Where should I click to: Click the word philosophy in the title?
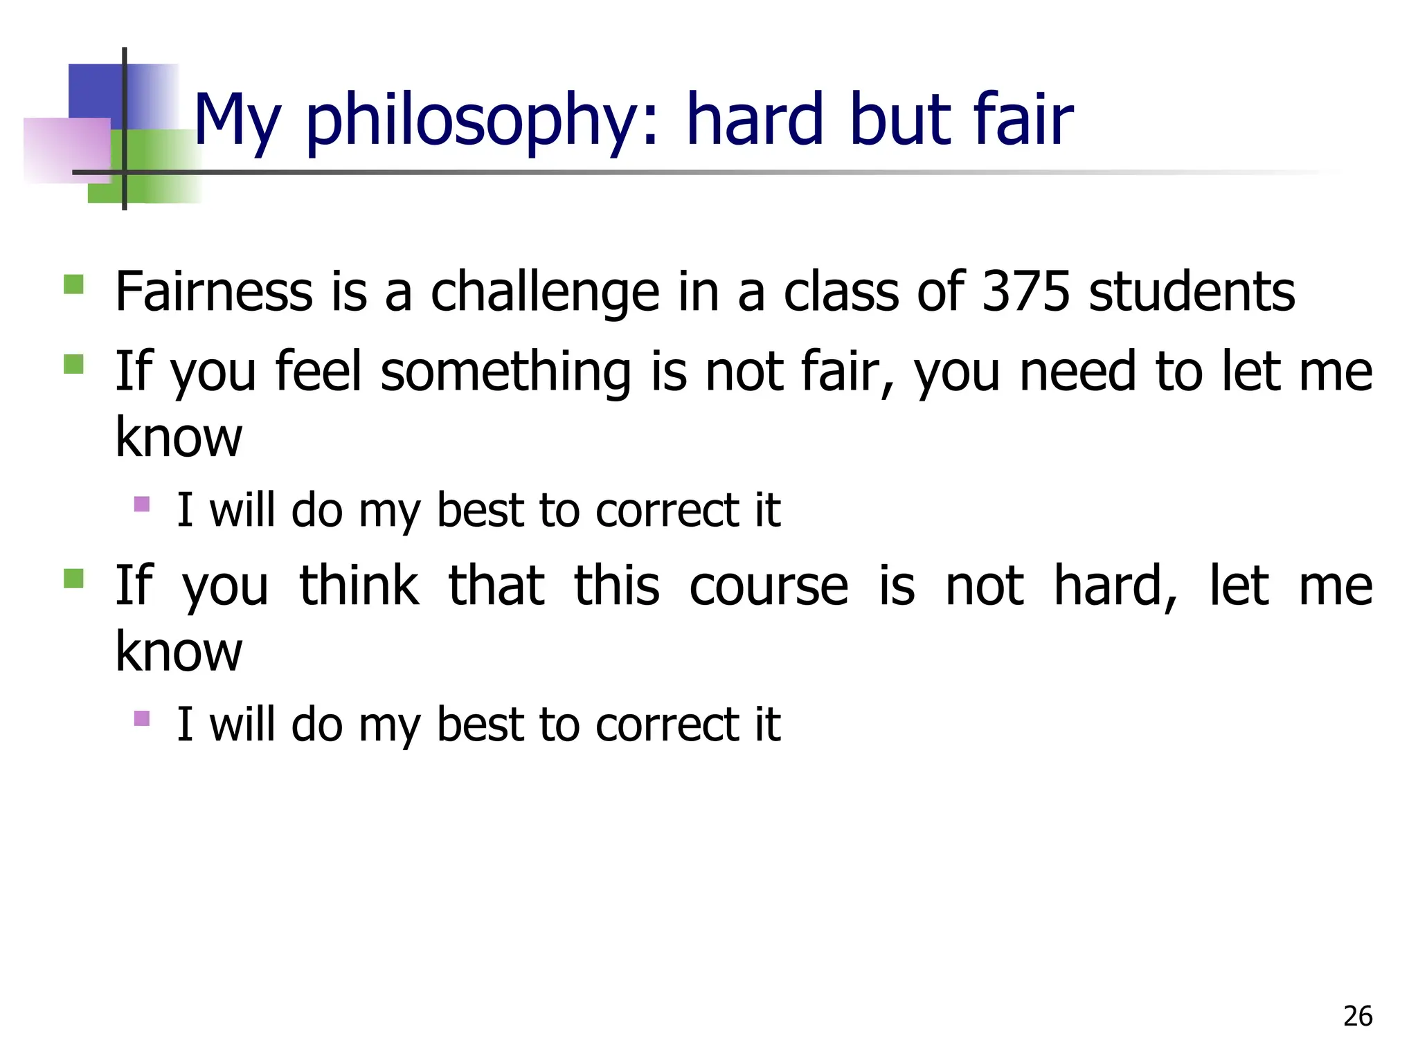472,121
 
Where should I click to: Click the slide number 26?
1357,1016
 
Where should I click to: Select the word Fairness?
214,291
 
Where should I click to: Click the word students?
1192,291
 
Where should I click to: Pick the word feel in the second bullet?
318,371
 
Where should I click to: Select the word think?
359,585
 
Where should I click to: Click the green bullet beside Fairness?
73,284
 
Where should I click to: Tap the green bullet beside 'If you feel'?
73,364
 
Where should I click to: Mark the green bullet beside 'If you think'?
73,578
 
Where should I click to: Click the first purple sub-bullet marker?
142,504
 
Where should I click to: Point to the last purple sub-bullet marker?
142,718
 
